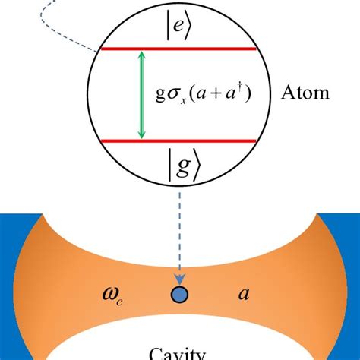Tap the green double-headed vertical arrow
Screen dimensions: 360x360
pyautogui.click(x=141, y=96)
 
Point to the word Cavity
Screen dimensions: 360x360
pyautogui.click(x=180, y=352)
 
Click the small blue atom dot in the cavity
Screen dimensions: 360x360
pyautogui.click(x=180, y=295)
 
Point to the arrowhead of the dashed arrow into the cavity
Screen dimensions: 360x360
pyautogui.click(x=180, y=279)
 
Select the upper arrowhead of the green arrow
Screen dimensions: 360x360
pyautogui.click(x=141, y=56)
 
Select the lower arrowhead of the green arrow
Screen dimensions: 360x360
pyautogui.click(x=141, y=135)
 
